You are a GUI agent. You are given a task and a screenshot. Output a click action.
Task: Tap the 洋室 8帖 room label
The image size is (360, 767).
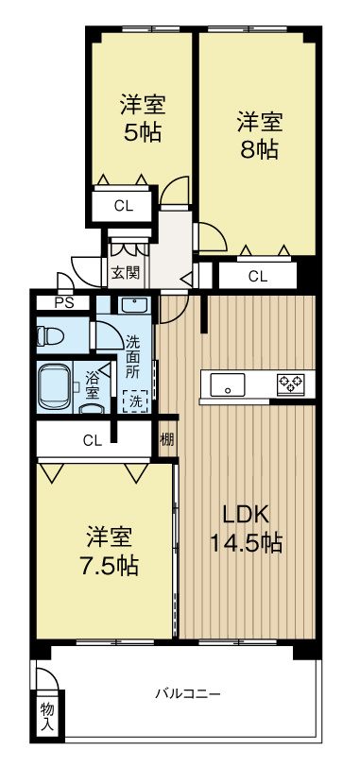[x=258, y=134]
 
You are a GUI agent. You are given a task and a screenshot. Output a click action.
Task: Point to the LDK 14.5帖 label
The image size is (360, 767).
[x=246, y=529]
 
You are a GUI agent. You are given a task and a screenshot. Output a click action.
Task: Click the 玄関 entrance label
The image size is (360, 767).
[x=124, y=274]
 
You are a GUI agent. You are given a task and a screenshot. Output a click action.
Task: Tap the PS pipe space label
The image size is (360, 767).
[x=63, y=303]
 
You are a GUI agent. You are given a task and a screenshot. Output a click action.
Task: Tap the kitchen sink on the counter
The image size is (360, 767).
[x=228, y=384]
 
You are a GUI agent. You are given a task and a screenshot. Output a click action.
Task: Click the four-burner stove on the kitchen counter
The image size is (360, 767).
[x=290, y=383]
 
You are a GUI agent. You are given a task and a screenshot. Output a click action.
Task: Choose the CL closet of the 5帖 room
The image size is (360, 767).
[x=123, y=205]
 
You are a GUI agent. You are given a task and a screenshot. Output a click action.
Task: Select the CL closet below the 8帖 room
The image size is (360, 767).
[x=257, y=276]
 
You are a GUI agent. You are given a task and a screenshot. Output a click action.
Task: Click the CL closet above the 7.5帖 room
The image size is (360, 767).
[x=92, y=439]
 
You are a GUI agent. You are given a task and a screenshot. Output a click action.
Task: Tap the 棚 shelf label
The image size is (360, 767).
[x=166, y=438]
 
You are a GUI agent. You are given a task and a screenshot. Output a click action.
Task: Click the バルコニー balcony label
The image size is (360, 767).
[x=188, y=693]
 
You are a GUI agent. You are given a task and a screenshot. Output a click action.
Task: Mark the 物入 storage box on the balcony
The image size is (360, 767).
[x=46, y=716]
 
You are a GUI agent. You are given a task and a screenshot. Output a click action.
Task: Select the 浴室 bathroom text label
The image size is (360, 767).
[x=93, y=383]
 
